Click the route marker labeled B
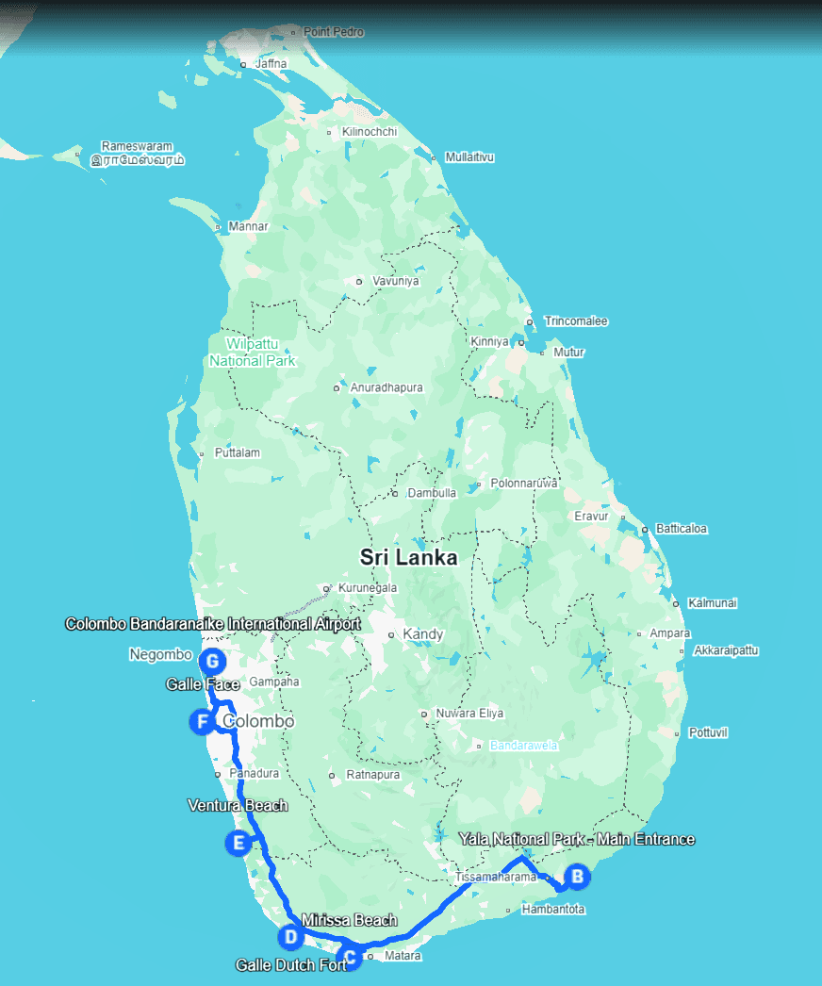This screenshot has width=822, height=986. (577, 877)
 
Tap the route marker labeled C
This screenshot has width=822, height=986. (350, 959)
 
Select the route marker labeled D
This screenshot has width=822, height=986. (290, 937)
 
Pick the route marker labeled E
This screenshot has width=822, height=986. (238, 843)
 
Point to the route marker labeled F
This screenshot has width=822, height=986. (201, 723)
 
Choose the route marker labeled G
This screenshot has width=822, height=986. (213, 660)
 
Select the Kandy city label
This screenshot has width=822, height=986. (422, 634)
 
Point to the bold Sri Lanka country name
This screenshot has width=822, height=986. (408, 557)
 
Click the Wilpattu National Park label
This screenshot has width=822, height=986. (252, 352)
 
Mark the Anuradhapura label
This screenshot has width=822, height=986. (386, 387)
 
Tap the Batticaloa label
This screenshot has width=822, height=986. (681, 529)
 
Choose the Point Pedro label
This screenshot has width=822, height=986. (333, 32)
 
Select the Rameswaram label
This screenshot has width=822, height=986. (138, 147)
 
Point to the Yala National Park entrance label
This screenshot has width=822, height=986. (576, 839)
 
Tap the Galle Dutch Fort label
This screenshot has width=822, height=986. (290, 965)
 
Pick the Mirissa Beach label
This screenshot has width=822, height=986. (350, 920)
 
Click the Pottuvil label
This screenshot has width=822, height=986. (708, 732)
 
